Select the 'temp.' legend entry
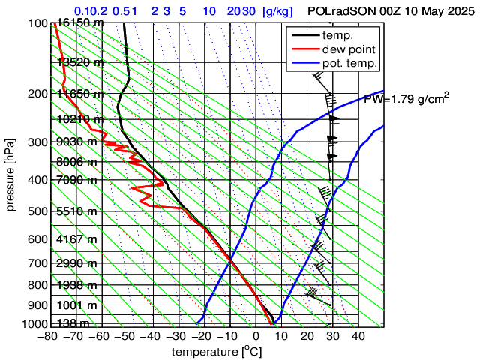tap(339, 36)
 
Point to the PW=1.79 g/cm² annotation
tap(406, 98)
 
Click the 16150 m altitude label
tap(80, 23)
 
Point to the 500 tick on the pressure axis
tap(37, 212)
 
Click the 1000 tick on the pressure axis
tap(34, 324)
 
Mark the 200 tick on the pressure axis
tap(37, 94)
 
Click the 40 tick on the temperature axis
tap(357, 337)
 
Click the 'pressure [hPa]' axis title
tap(11, 173)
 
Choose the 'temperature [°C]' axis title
tap(217, 352)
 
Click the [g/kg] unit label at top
tap(277, 12)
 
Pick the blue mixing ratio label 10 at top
tap(210, 12)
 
